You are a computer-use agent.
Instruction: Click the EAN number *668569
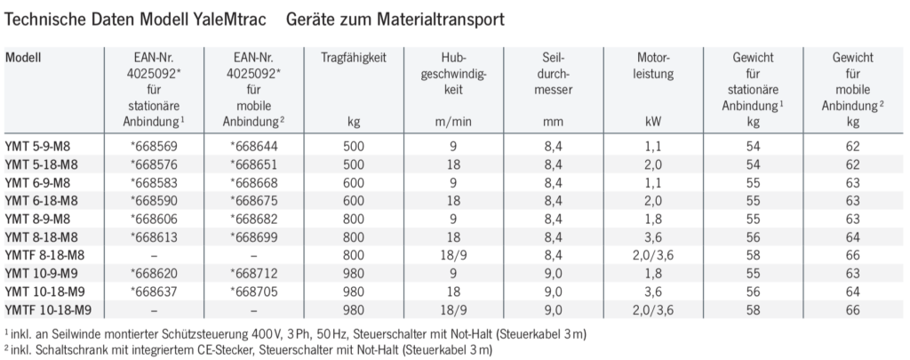pos(152,144)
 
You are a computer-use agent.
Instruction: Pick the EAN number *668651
pos(253,163)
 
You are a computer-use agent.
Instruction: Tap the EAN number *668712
pos(253,273)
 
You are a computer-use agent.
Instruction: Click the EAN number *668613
pos(152,236)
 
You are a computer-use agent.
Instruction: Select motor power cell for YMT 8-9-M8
pos(653,218)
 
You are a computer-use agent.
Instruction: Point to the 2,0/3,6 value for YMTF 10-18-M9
pos(653,309)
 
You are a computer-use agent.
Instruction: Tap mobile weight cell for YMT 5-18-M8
pos(852,163)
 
